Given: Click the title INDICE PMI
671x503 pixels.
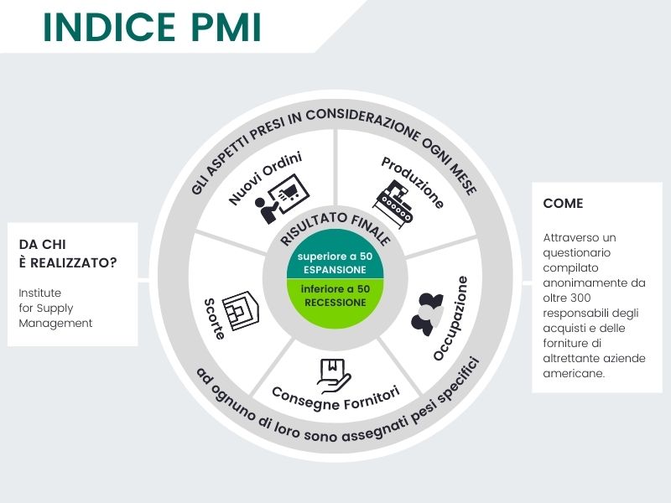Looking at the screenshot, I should point(152,27).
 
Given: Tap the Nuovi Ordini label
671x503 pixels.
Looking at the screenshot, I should point(265,179).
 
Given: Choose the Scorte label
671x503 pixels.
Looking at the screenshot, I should point(213,316).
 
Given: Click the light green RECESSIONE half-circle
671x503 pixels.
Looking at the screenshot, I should point(335,296).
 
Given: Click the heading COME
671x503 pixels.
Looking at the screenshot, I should point(563,203).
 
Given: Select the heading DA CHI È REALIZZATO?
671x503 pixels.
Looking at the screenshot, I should point(68,253).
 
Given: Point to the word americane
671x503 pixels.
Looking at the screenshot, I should point(574,373).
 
